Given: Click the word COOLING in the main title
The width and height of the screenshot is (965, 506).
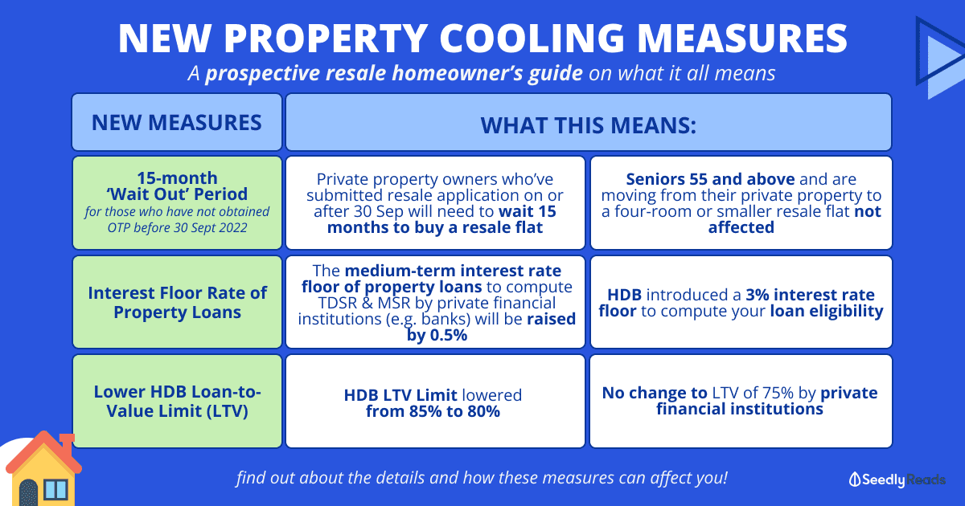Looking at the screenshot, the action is [532, 39].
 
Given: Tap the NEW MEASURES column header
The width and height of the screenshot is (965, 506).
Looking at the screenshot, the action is [177, 122].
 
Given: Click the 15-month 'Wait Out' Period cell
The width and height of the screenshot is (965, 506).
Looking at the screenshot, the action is [177, 202].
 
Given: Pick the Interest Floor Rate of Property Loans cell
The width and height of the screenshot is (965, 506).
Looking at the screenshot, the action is [177, 302].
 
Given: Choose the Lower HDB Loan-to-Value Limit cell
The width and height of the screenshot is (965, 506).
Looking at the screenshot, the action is [177, 401].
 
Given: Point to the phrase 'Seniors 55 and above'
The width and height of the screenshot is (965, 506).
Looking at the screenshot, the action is [710, 179].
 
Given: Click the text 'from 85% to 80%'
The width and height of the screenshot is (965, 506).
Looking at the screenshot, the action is [433, 411].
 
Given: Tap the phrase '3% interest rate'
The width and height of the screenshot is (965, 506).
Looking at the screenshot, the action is [811, 295].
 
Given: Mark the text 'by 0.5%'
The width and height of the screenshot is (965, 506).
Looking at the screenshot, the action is [437, 335].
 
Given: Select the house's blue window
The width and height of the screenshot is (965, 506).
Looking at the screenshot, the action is [56, 490].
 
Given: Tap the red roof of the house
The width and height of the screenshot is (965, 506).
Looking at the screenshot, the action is [43, 452].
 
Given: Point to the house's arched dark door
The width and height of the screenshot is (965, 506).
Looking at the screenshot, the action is [28, 493].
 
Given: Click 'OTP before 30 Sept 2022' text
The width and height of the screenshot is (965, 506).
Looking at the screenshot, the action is [177, 227].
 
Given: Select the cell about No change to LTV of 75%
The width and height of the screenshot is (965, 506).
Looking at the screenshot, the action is [741, 401].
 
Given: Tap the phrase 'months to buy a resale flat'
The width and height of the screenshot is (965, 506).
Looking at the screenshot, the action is [435, 227].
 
